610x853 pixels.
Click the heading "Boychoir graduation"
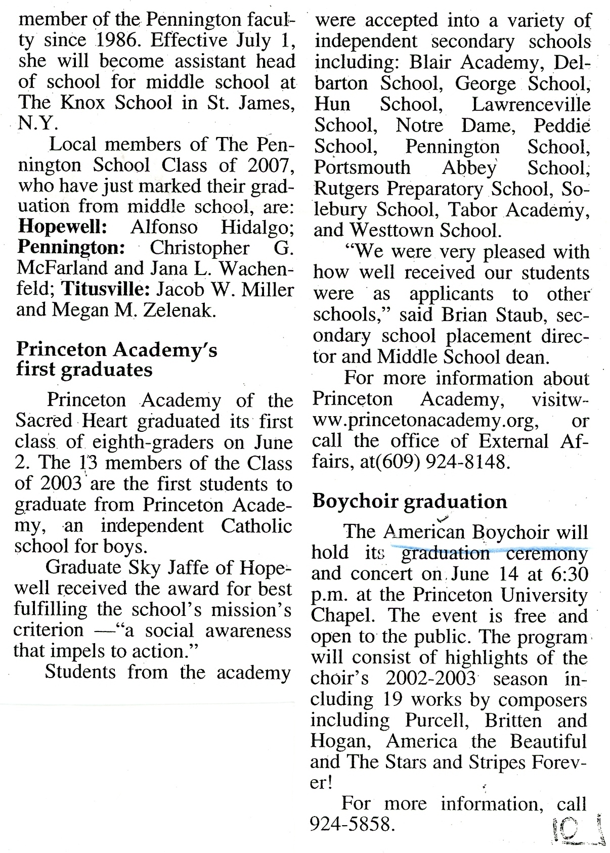410,501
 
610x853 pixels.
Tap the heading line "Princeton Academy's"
117,349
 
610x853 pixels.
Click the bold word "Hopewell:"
63,227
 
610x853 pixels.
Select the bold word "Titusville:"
105,290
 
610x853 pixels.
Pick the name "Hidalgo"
258,227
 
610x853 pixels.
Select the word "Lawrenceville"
531,104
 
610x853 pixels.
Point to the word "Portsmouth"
362,167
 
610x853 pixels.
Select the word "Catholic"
256,526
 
